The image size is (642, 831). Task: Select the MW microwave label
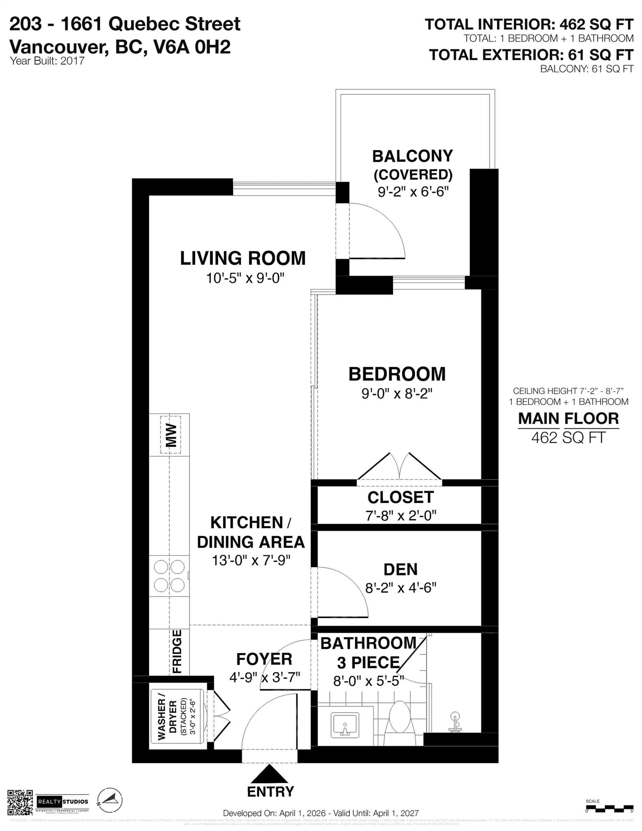click(x=171, y=435)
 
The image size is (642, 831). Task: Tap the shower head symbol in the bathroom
click(x=454, y=722)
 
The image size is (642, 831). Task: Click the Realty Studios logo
click(x=63, y=801)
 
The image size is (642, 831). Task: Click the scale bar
click(x=609, y=807)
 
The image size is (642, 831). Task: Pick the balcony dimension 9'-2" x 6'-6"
click(x=413, y=191)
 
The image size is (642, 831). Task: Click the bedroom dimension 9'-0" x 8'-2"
click(x=397, y=394)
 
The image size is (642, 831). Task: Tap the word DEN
click(x=400, y=569)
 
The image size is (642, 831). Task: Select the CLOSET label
click(x=400, y=497)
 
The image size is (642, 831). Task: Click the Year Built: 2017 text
click(x=47, y=61)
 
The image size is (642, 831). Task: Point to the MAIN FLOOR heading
click(x=568, y=419)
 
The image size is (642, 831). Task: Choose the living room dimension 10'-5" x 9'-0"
click(x=245, y=278)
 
